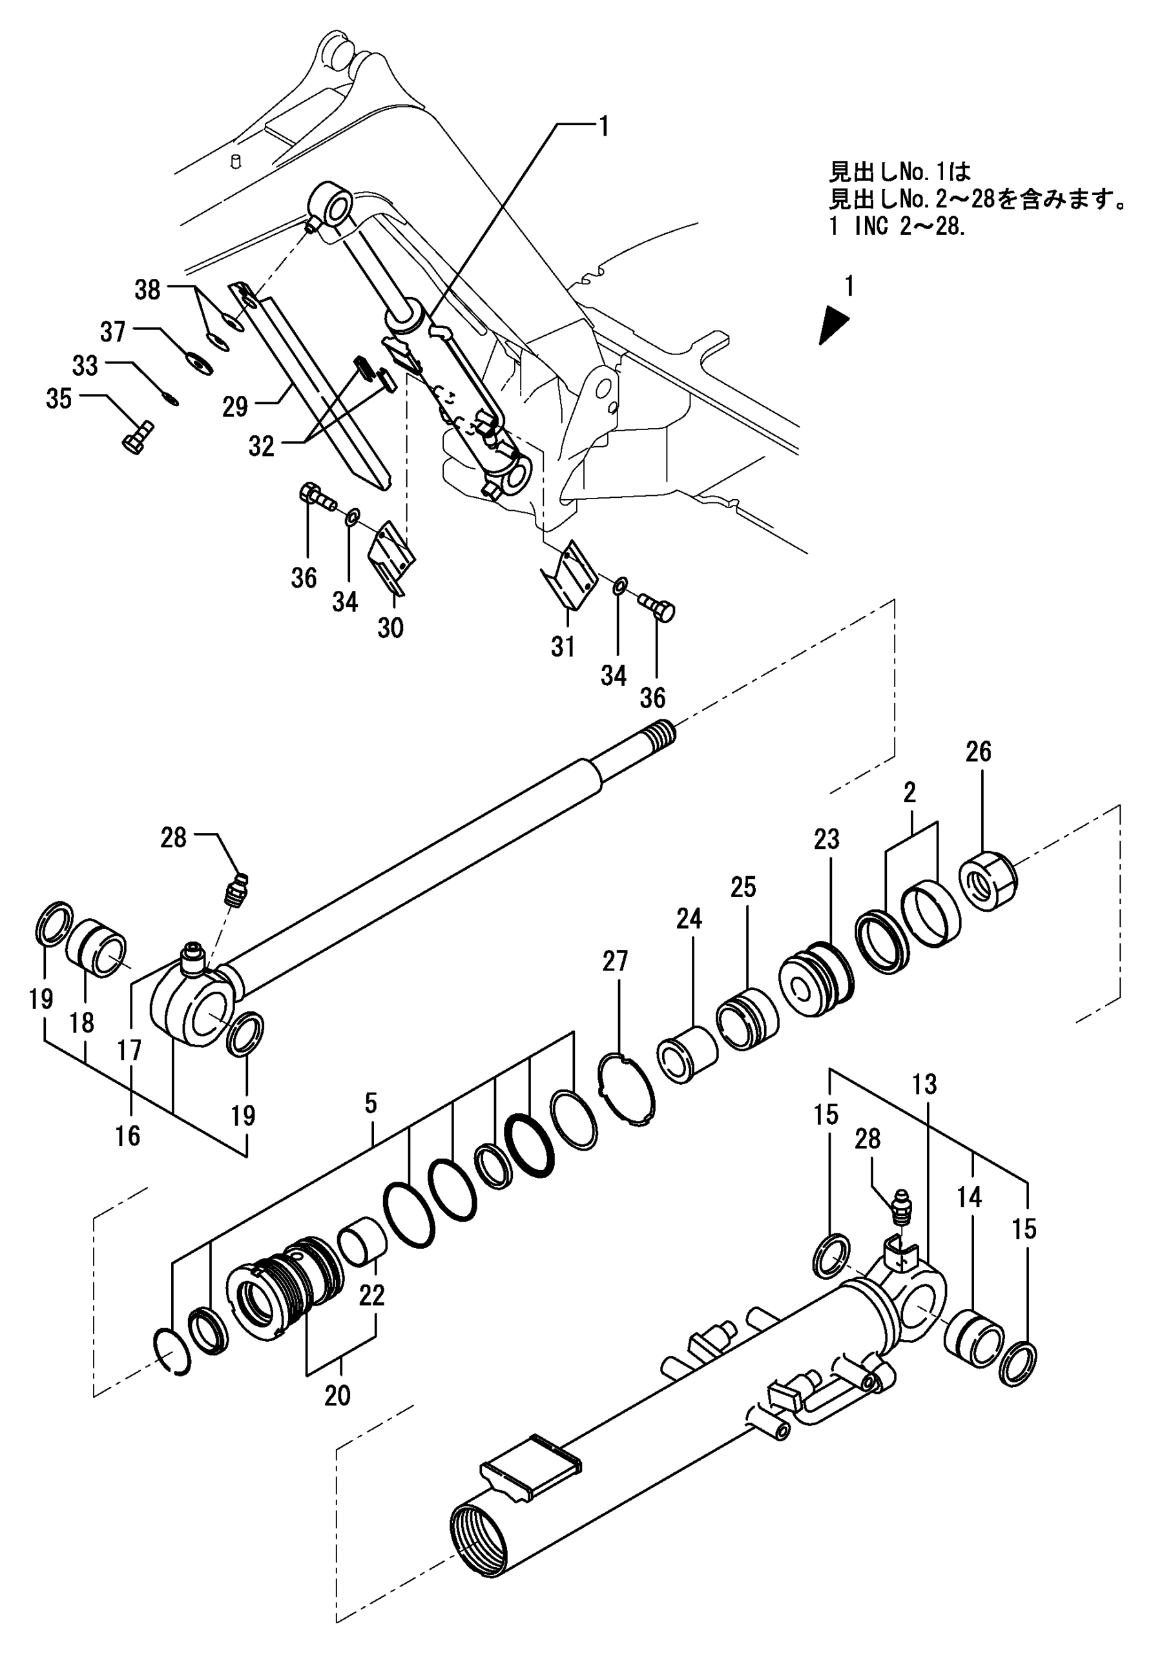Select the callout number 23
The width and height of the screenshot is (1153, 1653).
pyautogui.click(x=826, y=839)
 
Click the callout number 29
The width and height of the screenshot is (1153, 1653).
pyautogui.click(x=234, y=407)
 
